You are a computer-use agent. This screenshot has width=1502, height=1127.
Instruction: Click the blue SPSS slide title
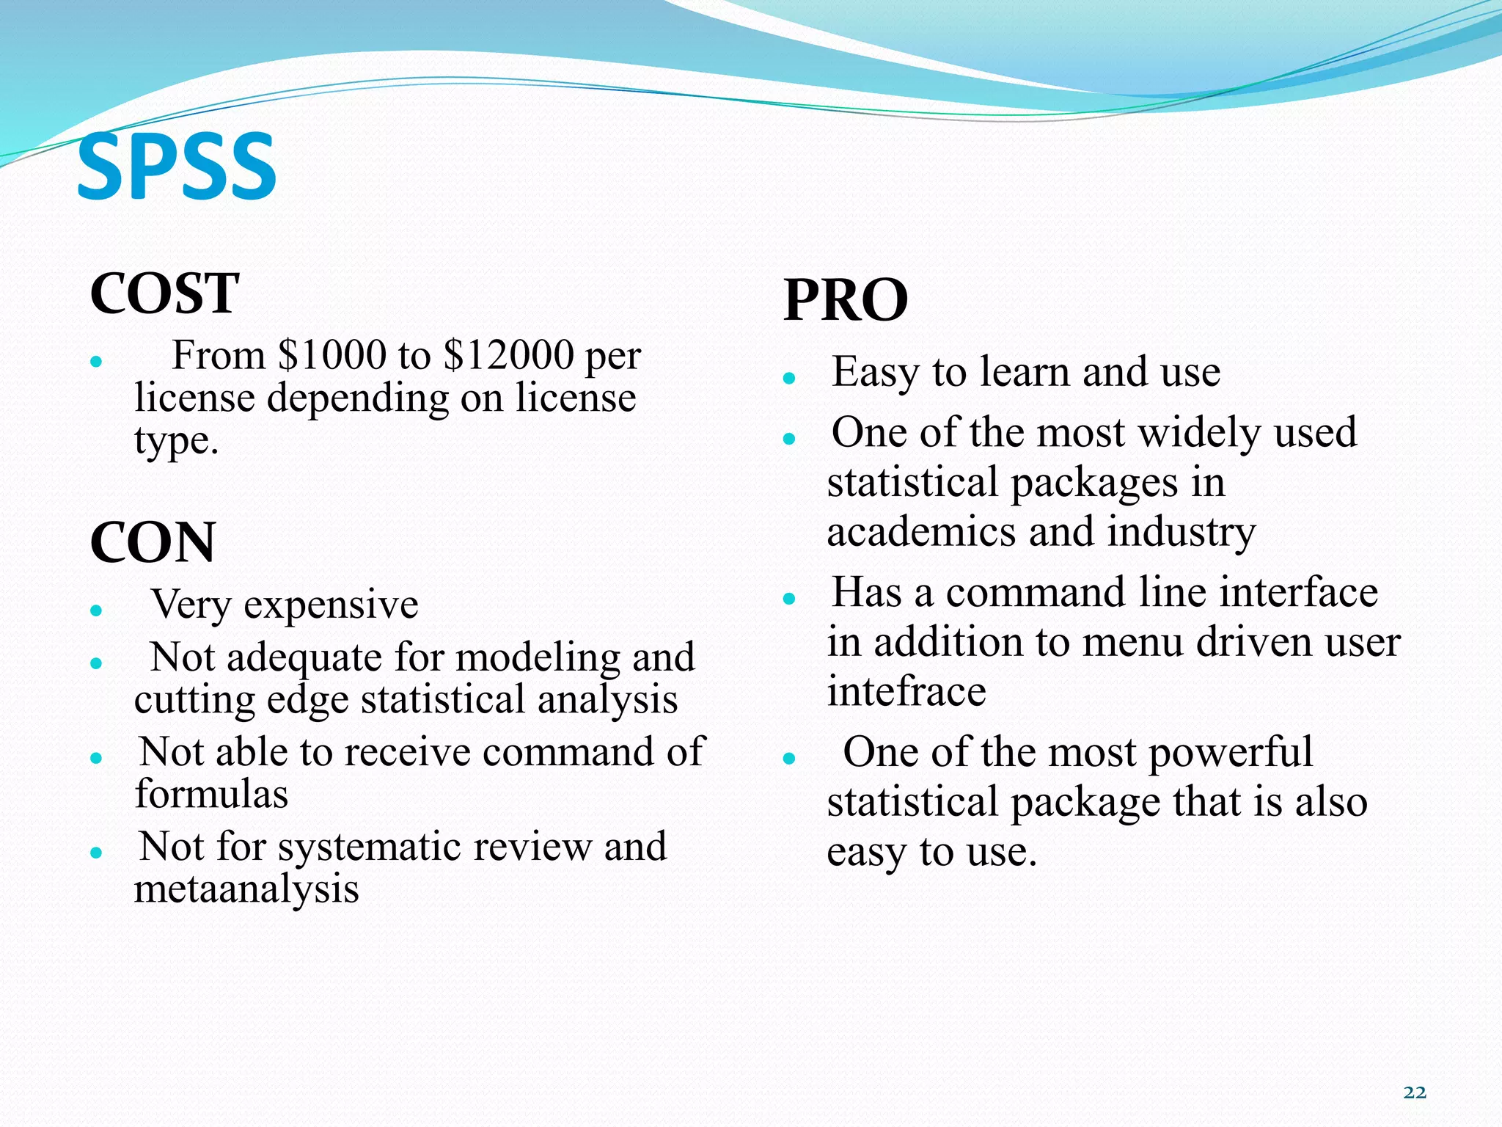[177, 167]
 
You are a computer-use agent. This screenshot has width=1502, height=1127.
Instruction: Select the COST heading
[164, 293]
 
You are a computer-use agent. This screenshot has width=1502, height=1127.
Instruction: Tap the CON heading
[153, 543]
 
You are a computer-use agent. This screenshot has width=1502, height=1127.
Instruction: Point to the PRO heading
[846, 301]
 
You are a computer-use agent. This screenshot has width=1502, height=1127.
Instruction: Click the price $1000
[331, 356]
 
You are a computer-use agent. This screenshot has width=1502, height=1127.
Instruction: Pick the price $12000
[508, 356]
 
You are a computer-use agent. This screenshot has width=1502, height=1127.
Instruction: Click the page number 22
[1415, 1093]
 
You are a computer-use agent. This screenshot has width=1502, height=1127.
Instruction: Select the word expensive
[331, 606]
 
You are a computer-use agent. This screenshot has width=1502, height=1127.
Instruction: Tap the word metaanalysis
[246, 889]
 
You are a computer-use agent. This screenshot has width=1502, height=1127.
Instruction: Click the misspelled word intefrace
[906, 692]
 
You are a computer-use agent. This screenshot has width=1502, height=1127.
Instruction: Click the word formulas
[211, 795]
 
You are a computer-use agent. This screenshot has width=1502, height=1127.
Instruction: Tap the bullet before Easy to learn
[789, 379]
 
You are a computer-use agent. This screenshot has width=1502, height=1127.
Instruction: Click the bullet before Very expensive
[95, 610]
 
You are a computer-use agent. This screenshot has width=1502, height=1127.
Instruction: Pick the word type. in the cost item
[177, 442]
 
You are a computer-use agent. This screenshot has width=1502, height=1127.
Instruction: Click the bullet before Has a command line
[789, 599]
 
